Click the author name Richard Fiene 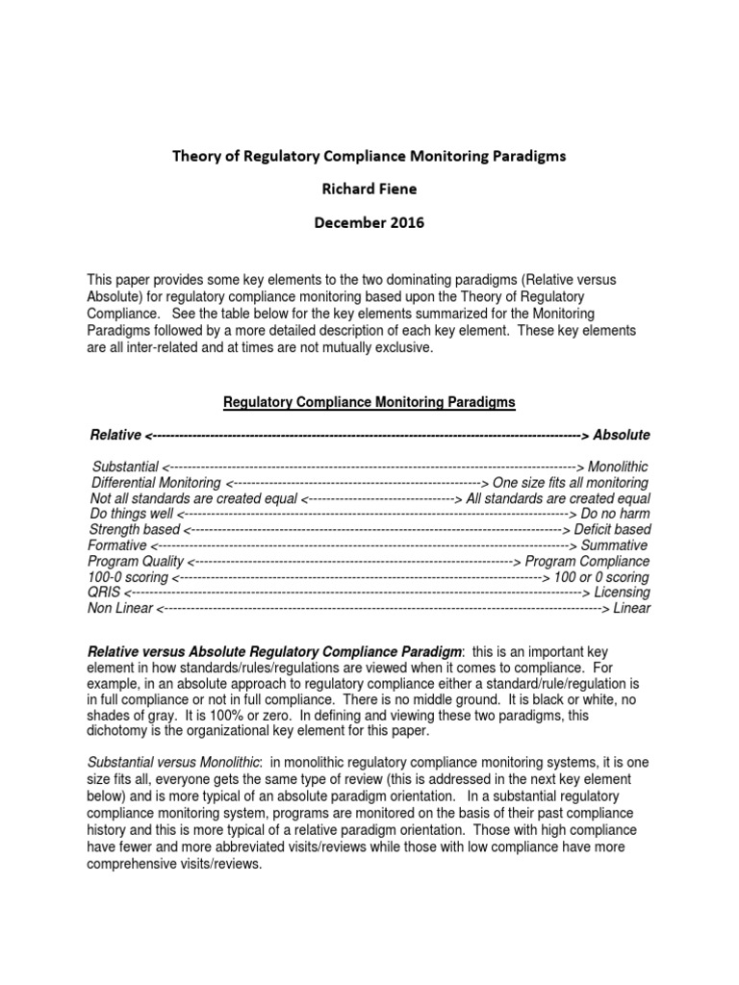click(369, 188)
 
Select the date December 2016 click(369, 222)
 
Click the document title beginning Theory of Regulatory click(369, 154)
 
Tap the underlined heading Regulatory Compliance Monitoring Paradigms click(369, 402)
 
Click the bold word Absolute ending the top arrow click(622, 435)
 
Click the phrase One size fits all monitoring click(571, 483)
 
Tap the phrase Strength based click(134, 530)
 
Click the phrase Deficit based click(612, 530)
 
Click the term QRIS click(105, 593)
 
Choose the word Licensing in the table click(622, 593)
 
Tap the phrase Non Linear click(120, 608)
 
